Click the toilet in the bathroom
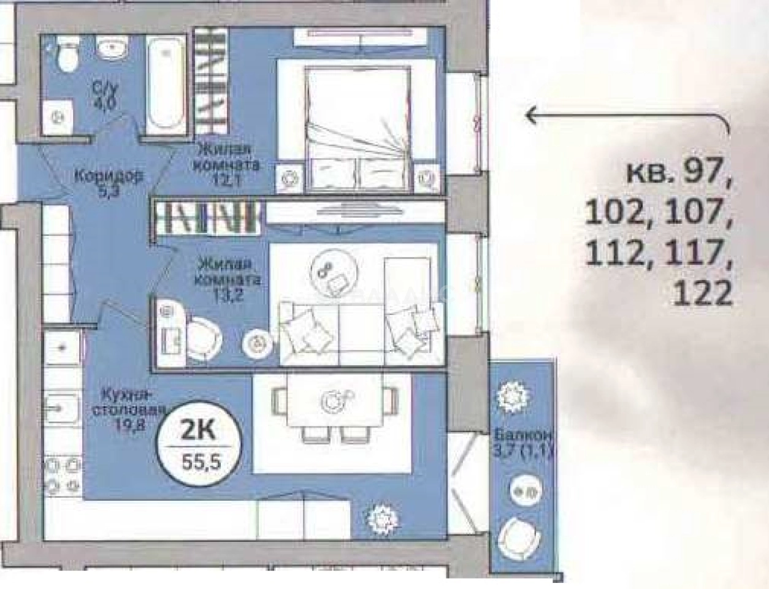click(64, 56)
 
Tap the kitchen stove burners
click(63, 474)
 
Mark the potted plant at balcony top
click(509, 397)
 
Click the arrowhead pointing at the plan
click(532, 115)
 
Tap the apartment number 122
click(702, 294)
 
